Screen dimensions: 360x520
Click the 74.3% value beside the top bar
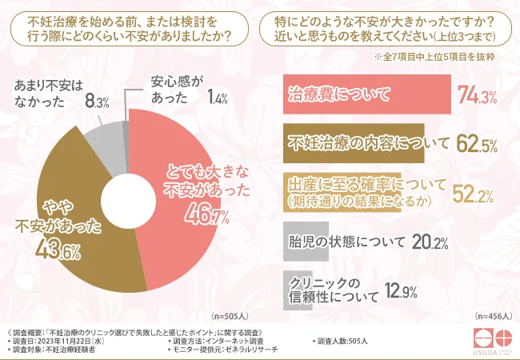477,97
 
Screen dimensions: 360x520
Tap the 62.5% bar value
477,145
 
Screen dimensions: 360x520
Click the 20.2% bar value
429,241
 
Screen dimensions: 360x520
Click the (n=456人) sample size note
492,315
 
